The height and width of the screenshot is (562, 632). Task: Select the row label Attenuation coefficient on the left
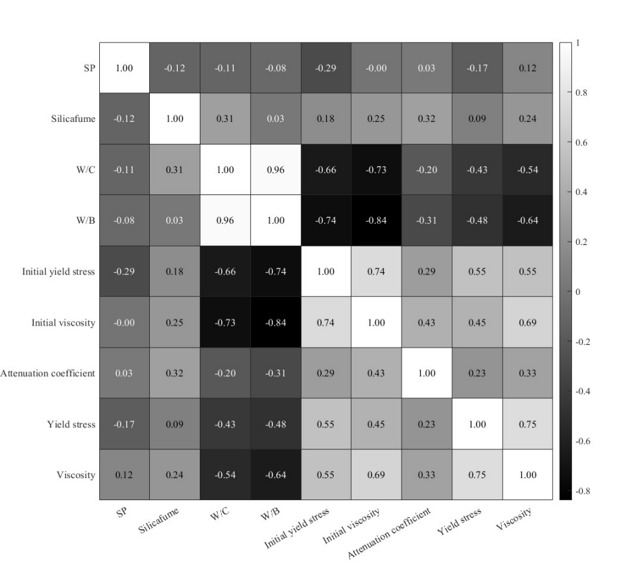point(48,373)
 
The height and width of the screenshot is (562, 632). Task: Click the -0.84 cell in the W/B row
point(376,221)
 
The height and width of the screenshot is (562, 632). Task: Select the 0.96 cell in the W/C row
point(275,170)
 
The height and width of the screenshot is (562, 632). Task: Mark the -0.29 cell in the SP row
point(326,69)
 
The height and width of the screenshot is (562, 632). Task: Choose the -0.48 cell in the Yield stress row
point(275,423)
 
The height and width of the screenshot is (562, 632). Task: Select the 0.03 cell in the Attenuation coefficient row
point(124,373)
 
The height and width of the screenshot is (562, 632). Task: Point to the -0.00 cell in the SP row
point(376,69)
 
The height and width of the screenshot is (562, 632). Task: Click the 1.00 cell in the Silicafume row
point(174,119)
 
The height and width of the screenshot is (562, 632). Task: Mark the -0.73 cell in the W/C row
point(376,170)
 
